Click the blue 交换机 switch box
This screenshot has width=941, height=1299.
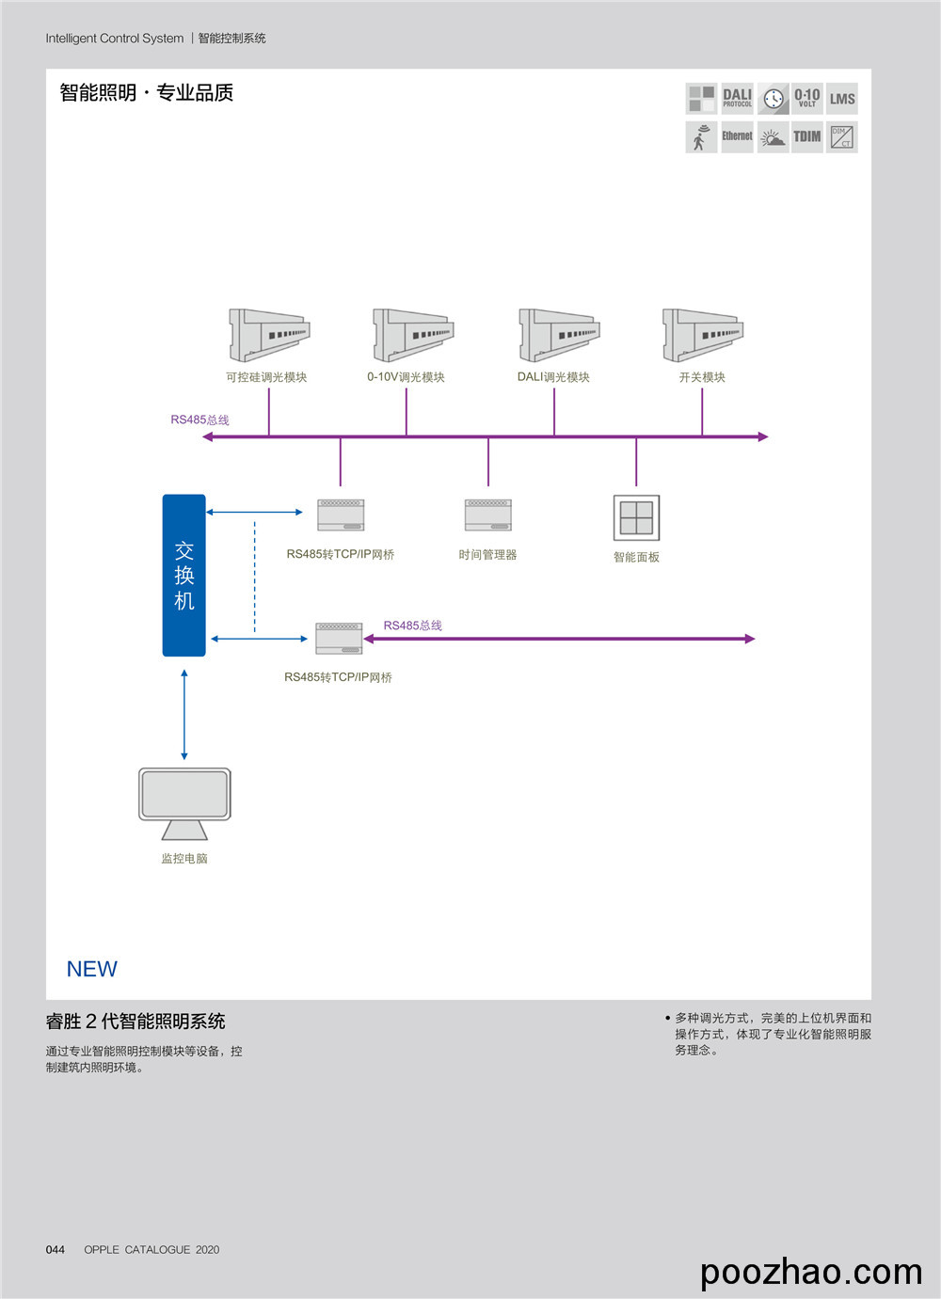click(183, 575)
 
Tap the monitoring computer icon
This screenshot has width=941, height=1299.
click(184, 802)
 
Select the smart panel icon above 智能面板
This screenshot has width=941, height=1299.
click(636, 517)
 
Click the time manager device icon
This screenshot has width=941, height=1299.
click(487, 515)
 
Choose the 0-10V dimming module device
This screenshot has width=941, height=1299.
click(413, 335)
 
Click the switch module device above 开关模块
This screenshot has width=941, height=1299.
click(703, 335)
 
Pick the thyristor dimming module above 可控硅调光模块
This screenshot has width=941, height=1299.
click(269, 335)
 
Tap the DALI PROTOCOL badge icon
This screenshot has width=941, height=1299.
click(737, 98)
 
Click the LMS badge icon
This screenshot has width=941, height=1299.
click(842, 98)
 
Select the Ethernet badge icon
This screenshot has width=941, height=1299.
click(737, 136)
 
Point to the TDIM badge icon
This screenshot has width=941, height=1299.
click(806, 136)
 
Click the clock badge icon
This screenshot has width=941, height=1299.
click(774, 98)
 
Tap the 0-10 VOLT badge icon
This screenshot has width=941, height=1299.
click(806, 98)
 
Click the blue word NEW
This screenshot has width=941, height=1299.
click(91, 969)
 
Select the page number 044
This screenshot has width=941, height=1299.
click(56, 1249)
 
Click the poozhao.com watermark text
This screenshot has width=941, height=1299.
click(811, 1272)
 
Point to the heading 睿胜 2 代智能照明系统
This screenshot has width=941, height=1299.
click(136, 1022)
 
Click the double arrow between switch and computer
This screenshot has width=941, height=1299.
click(184, 715)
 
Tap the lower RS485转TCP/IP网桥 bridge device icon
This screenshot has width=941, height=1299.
click(339, 638)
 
